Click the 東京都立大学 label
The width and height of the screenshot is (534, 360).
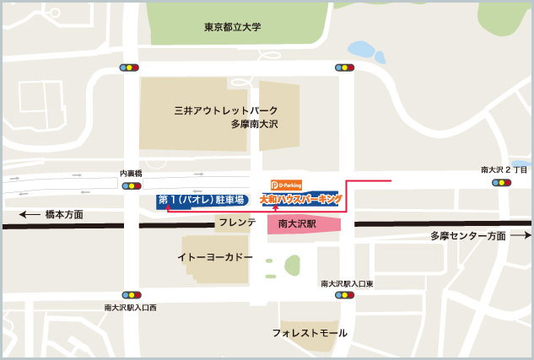pos(233,27)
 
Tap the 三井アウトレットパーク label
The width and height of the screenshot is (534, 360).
pos(225,110)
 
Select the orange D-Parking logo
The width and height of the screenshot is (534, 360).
pos(286,185)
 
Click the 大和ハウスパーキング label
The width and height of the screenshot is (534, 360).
pos(301,200)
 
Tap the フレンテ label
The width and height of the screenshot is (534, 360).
pos(237,223)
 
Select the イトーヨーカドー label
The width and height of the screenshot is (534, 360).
pos(215,256)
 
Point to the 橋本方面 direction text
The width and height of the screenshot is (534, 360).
pos(64,215)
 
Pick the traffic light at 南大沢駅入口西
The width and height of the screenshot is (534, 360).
pos(131,295)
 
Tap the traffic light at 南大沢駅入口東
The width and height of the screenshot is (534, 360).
pos(344,295)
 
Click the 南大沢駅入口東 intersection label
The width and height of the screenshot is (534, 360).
pos(347,284)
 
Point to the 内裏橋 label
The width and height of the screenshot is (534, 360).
pos(131,174)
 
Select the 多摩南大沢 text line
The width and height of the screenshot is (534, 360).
pos(254,124)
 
